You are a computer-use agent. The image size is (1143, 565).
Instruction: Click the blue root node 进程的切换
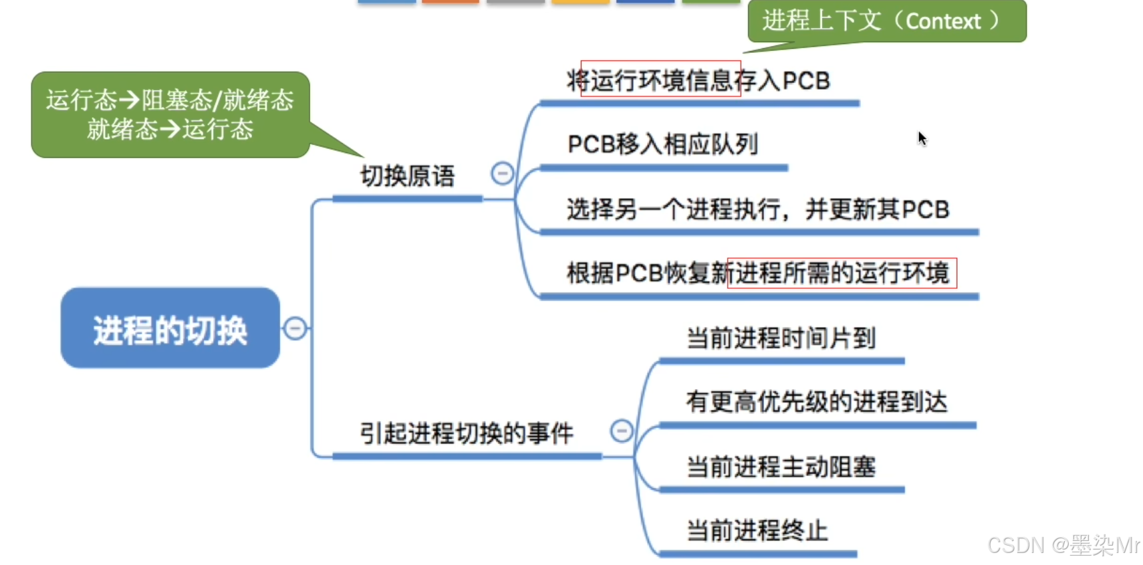170,329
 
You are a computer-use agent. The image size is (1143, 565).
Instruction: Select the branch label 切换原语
407,177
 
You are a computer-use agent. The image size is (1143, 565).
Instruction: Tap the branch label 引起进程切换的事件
466,433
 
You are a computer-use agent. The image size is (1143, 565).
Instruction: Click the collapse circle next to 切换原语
502,174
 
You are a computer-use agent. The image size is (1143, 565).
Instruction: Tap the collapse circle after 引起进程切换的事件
622,431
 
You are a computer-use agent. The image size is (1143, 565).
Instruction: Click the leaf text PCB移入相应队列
662,144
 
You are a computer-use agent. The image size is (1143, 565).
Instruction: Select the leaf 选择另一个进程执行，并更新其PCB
757,209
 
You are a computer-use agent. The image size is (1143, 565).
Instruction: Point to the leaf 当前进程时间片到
781,338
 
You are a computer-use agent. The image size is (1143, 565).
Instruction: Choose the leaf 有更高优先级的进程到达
816,402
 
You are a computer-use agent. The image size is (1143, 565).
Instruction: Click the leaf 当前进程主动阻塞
781,467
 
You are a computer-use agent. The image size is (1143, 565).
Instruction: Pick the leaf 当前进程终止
757,531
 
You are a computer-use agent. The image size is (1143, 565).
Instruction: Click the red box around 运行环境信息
660,79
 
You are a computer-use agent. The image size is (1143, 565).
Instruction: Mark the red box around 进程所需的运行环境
842,273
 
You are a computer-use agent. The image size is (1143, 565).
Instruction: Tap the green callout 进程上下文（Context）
886,21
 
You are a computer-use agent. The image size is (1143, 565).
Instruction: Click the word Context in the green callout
942,21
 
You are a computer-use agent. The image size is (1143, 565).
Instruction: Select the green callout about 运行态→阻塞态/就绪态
170,114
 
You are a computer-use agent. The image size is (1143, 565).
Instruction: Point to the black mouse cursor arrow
922,138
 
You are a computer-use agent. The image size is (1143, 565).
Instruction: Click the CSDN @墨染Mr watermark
1063,546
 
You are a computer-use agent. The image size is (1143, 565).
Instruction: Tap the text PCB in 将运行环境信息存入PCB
806,81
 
